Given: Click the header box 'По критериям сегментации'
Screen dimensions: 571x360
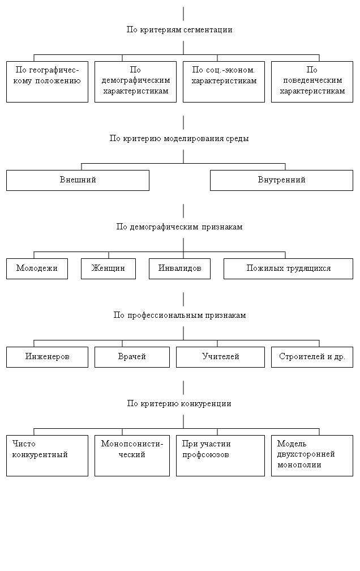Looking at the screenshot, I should point(179,30).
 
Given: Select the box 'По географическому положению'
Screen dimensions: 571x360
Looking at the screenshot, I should point(47,81).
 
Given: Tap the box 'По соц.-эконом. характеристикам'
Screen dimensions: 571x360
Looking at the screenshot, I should point(224,81).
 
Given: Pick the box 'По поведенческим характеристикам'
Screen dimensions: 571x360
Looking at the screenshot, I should point(312,81).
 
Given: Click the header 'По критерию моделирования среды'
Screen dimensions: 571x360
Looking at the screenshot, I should point(179,139).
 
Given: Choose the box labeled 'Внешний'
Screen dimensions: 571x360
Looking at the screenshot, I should point(78,180).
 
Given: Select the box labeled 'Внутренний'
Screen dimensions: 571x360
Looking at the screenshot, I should point(281,180).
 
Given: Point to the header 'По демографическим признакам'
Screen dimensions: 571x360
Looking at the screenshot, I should point(179,227).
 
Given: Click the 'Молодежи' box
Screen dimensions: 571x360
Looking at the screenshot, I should point(37,269).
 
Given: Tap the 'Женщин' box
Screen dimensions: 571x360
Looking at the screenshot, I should point(108,269).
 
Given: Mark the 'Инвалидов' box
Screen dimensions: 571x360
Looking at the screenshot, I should point(179,269).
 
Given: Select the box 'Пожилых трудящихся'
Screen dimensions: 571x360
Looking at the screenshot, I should point(288,269).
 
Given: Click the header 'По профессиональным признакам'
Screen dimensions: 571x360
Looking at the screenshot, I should point(179,316).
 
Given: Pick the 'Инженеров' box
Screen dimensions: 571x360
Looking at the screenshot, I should point(47,357).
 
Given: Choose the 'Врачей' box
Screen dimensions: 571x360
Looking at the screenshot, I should point(132,357).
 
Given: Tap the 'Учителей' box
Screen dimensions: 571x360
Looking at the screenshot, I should point(220,357).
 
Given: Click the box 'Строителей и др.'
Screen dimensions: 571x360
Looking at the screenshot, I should point(312,357).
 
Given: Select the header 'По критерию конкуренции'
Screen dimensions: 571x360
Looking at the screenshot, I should point(179,404).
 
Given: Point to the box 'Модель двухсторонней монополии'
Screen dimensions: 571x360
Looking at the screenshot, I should point(312,455).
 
